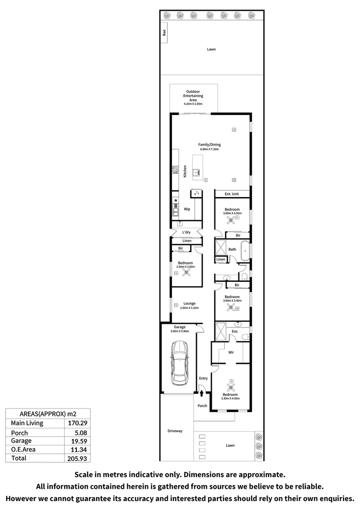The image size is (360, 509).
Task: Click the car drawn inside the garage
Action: point(180,362)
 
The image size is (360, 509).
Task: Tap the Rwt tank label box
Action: point(164,33)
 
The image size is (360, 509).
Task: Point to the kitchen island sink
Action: point(196,172)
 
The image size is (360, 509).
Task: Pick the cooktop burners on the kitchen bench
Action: point(175,169)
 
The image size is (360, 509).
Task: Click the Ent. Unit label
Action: point(232,194)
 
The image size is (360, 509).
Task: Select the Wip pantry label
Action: point(187,209)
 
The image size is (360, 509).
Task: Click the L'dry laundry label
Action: point(186,232)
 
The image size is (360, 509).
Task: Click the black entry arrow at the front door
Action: point(202,393)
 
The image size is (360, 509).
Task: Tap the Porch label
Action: point(202,406)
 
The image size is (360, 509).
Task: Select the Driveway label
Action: point(175,431)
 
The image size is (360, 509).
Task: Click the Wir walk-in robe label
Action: point(231,352)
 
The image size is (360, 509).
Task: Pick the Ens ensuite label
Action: point(235,331)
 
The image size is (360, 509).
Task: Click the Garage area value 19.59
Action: point(79,441)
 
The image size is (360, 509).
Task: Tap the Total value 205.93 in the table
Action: point(77,458)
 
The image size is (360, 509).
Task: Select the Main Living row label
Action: point(27,423)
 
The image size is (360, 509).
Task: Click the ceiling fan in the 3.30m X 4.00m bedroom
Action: point(231,387)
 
